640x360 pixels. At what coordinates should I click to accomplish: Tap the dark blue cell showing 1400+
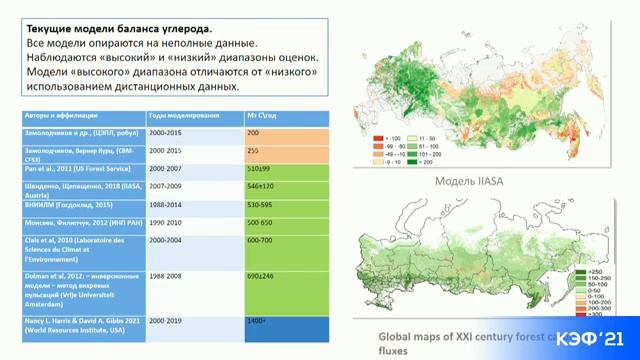click(x=257, y=321)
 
